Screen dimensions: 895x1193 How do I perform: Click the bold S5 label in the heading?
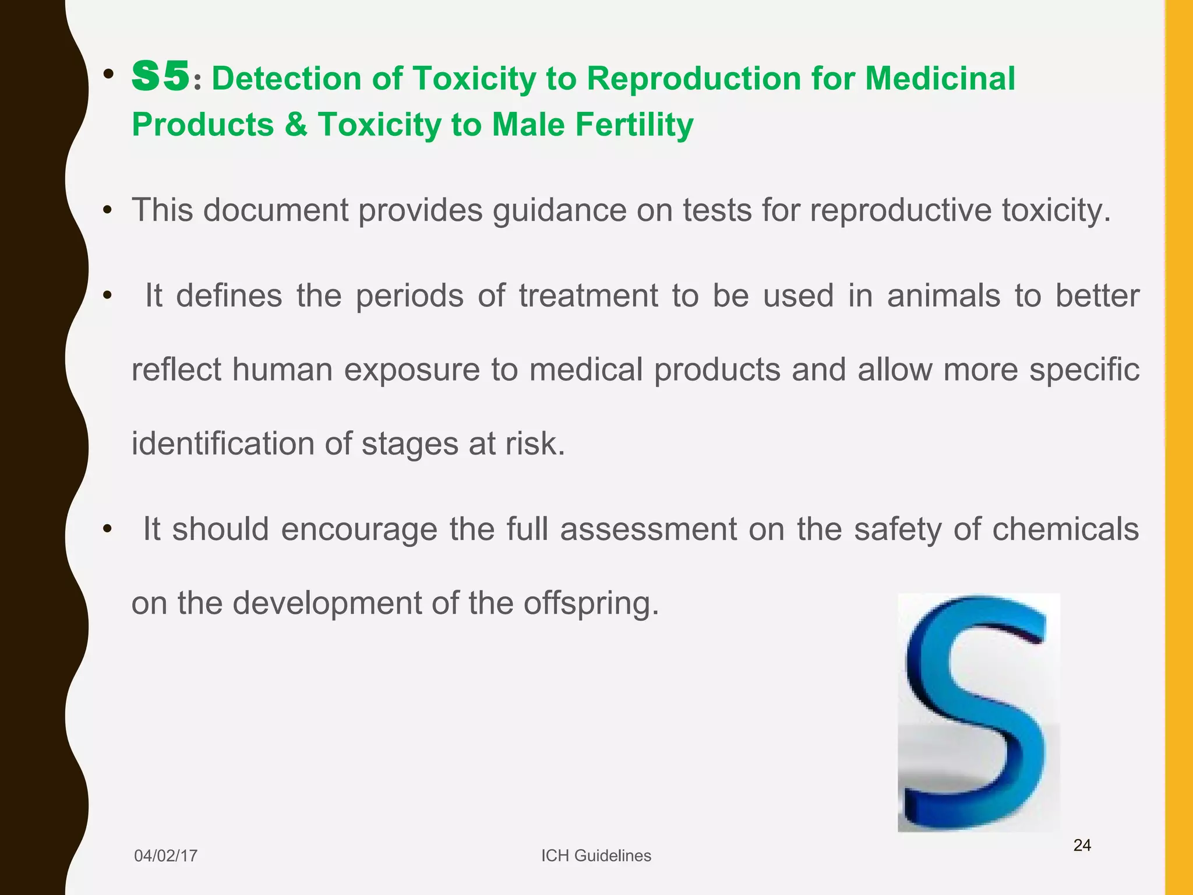coord(161,77)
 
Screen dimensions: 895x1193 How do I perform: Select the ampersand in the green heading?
coord(296,125)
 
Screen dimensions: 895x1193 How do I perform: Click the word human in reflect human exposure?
coord(282,370)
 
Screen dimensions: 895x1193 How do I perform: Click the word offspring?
coord(591,604)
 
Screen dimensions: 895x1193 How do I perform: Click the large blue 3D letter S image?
coord(978,712)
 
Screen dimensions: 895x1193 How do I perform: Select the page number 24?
coord(1082,845)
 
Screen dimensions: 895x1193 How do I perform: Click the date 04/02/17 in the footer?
coord(165,856)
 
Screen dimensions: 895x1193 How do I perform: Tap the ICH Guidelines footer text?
coord(596,856)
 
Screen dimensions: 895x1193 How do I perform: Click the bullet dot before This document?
coord(107,210)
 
